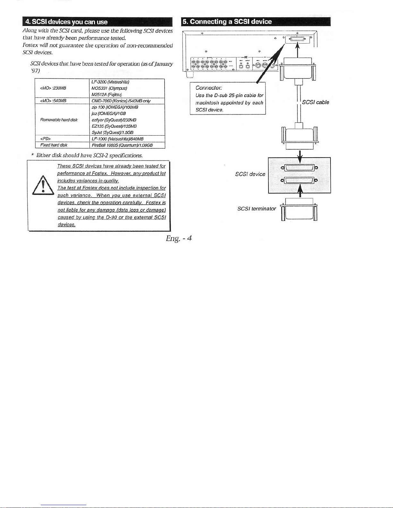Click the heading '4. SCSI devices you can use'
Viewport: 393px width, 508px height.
click(x=67, y=22)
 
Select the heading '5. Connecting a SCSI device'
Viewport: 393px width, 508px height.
click(x=227, y=21)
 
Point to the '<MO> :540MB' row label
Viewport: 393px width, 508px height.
click(x=53, y=101)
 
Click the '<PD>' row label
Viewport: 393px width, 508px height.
click(x=46, y=139)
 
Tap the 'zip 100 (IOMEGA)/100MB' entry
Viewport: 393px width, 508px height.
click(x=115, y=107)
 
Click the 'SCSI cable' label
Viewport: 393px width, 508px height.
click(x=315, y=102)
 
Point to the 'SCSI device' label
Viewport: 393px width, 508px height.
click(x=250, y=174)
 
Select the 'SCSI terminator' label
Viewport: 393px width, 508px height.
click(x=256, y=209)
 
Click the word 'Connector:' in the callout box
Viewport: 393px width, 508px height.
click(x=209, y=88)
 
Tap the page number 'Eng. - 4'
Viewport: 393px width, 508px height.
click(x=179, y=238)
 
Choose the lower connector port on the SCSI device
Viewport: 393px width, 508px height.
click(x=299, y=180)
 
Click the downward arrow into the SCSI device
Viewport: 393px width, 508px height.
click(x=300, y=157)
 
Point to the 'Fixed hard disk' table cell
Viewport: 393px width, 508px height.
click(x=54, y=145)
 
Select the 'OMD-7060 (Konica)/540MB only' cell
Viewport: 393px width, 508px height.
click(x=121, y=101)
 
